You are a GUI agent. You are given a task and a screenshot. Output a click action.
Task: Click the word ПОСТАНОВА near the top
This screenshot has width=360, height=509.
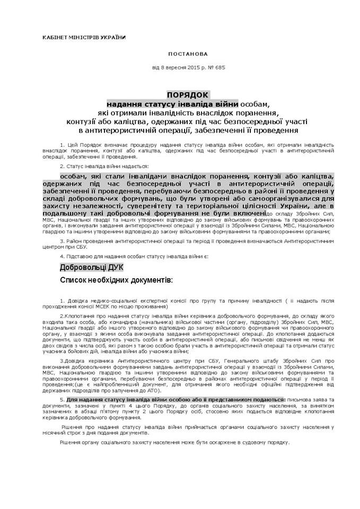pos(188,54)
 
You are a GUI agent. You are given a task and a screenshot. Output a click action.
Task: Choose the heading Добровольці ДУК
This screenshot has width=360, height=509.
pos(88,268)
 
